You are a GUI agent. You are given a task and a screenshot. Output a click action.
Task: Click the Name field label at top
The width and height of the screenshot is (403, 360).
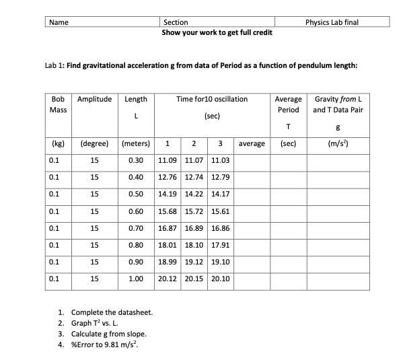59,22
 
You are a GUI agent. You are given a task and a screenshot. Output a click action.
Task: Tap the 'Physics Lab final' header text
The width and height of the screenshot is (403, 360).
332,22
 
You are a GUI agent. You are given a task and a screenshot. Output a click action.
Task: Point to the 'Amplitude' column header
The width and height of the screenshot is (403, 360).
95,99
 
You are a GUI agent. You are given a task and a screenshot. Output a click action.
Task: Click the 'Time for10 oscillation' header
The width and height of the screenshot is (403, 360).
211,99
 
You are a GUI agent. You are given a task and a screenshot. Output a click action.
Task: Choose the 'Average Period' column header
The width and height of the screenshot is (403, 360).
288,104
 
